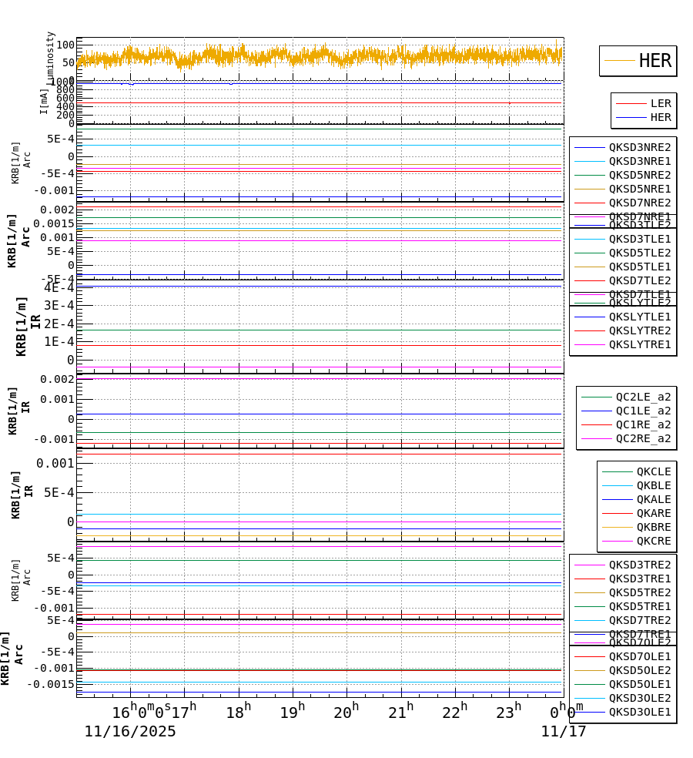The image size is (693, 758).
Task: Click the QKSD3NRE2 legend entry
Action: [x=640, y=147]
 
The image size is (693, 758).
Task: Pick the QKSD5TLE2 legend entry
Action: [x=640, y=253]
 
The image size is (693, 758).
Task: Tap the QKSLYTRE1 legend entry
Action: [x=640, y=344]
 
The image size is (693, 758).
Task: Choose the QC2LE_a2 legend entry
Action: [x=643, y=397]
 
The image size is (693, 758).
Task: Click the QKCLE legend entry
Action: [x=653, y=471]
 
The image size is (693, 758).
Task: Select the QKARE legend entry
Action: [x=653, y=513]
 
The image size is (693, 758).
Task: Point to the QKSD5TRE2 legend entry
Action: [x=640, y=592]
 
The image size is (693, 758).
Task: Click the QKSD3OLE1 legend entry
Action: [x=640, y=712]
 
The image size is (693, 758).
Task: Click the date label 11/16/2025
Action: [x=130, y=732]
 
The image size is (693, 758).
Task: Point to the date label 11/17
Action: [x=564, y=732]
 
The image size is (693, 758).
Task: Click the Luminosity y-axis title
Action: [x=51, y=56]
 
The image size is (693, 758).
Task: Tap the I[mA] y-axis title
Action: [x=44, y=101]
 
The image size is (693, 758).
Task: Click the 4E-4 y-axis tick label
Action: [x=59, y=287]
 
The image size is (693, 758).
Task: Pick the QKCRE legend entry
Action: [x=653, y=541]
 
